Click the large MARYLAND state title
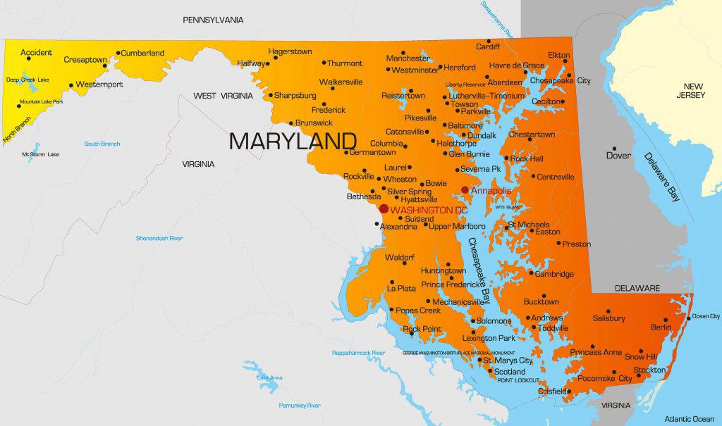[292, 141]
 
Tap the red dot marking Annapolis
[465, 190]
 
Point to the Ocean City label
[705, 317]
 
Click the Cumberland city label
[142, 53]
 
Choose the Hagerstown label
[290, 51]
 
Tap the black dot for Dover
[614, 149]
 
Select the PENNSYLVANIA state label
[213, 20]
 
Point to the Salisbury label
[609, 318]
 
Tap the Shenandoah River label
[159, 239]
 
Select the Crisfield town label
[552, 391]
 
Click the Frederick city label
[329, 110]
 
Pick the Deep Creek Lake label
[27, 80]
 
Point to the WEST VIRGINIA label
[224, 96]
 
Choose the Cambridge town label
[554, 274]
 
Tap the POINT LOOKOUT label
[518, 380]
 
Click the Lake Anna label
[269, 378]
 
